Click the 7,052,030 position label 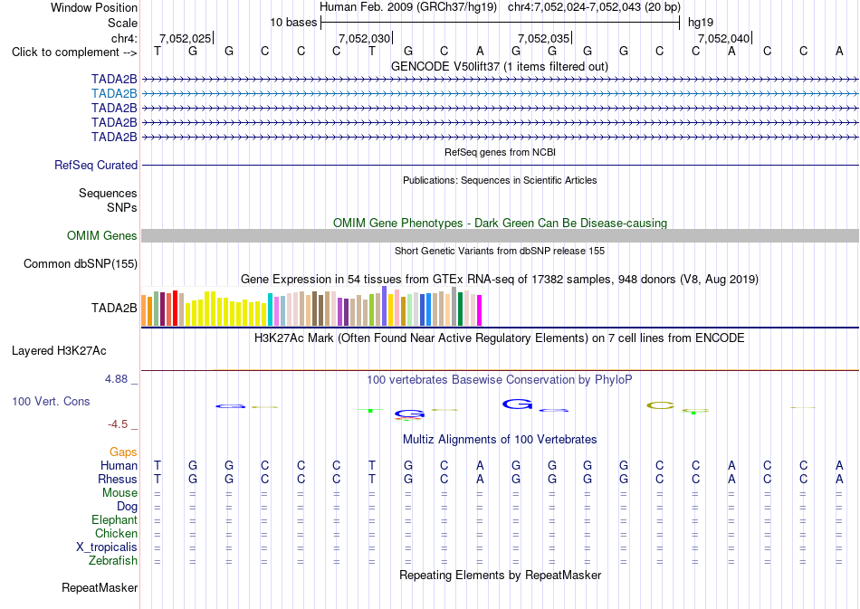coord(364,38)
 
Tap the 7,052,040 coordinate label coord(723,38)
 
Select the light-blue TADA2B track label coord(114,94)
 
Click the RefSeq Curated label coord(96,165)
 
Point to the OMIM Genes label coord(102,235)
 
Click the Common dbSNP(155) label coord(81,263)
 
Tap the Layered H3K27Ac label coord(59,351)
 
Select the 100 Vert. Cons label coord(51,401)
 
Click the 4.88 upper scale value coord(116,379)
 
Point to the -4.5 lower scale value coord(118,424)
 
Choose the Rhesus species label coord(118,479)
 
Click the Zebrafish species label coord(113,560)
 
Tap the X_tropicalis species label coord(107,547)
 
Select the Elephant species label coord(114,519)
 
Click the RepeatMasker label coord(100,587)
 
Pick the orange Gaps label coord(123,452)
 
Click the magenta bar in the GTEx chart coord(480,310)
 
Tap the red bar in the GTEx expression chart coord(175,309)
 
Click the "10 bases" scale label coord(293,23)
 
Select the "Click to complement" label coord(74,52)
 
